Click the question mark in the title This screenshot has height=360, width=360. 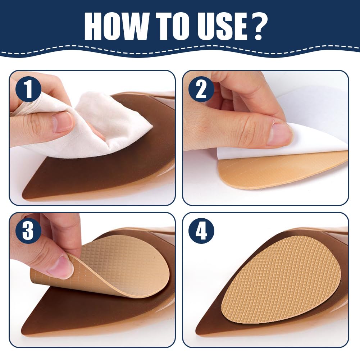(x=256, y=27)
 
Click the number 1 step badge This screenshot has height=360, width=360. (x=28, y=89)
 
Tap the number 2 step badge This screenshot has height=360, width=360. (x=201, y=89)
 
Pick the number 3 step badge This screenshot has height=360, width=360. (x=28, y=231)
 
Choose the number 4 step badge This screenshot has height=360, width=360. (x=201, y=231)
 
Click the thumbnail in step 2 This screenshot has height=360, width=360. (x=279, y=134)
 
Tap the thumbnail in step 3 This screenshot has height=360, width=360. (x=61, y=266)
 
